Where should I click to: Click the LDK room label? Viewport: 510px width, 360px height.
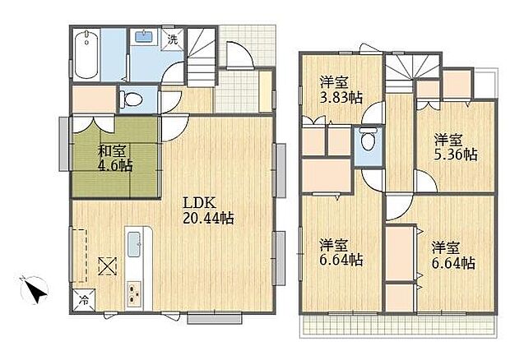click(x=199, y=203)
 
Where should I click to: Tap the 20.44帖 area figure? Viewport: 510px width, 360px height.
click(x=208, y=219)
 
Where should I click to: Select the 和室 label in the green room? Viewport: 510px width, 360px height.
click(x=112, y=151)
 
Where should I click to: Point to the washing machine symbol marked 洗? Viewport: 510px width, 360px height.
click(x=173, y=39)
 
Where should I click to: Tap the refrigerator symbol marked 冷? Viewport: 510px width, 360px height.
click(x=84, y=300)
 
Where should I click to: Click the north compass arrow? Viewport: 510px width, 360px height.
click(x=35, y=290)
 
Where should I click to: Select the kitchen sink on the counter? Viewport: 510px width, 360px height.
click(x=134, y=244)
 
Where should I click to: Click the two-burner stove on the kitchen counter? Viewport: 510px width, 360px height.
click(x=134, y=293)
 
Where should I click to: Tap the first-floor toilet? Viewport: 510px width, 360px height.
click(x=131, y=99)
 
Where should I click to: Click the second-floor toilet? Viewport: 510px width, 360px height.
click(x=369, y=139)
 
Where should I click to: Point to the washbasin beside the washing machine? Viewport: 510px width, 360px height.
click(x=144, y=36)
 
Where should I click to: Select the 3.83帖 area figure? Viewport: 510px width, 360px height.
click(x=341, y=97)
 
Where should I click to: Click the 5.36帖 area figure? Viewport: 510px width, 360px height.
click(x=456, y=155)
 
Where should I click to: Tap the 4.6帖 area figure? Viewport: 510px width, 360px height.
click(x=115, y=165)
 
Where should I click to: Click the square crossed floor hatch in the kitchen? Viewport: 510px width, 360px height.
click(x=108, y=266)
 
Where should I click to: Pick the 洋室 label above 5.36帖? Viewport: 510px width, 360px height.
click(x=448, y=141)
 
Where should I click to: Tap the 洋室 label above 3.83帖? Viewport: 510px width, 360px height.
click(x=334, y=82)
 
